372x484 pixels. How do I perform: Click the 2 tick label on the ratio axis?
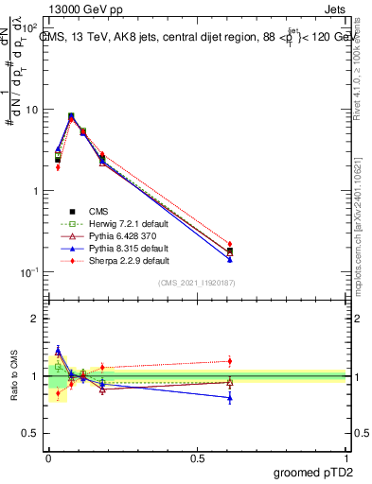35,319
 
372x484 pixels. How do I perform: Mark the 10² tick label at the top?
30,28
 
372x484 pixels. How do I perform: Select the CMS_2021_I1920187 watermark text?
197,283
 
